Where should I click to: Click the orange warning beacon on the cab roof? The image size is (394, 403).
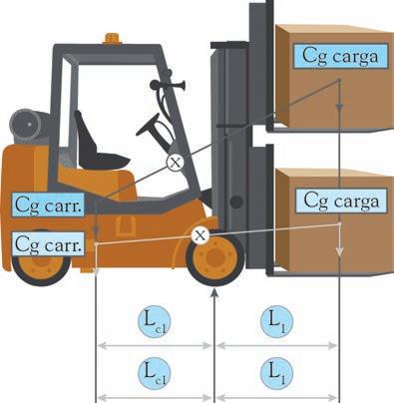[112, 38]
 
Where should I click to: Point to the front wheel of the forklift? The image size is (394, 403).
[215, 257]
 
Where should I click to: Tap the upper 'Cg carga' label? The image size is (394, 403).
[340, 56]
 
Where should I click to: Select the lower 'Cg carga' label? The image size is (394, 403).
[341, 201]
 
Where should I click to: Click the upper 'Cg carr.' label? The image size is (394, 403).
[48, 204]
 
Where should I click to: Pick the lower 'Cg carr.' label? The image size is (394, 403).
[48, 244]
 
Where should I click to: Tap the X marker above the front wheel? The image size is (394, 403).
[199, 235]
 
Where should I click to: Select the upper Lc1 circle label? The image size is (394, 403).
[155, 322]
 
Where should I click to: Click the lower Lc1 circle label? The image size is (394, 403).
[155, 373]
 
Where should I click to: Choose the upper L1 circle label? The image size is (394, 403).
[276, 322]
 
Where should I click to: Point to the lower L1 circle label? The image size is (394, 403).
[276, 373]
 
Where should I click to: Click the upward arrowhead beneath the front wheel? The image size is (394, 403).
[215, 293]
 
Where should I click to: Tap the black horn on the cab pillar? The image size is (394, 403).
[167, 85]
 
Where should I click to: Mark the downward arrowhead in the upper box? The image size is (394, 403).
[339, 108]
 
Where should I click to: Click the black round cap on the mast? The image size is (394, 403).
[236, 202]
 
